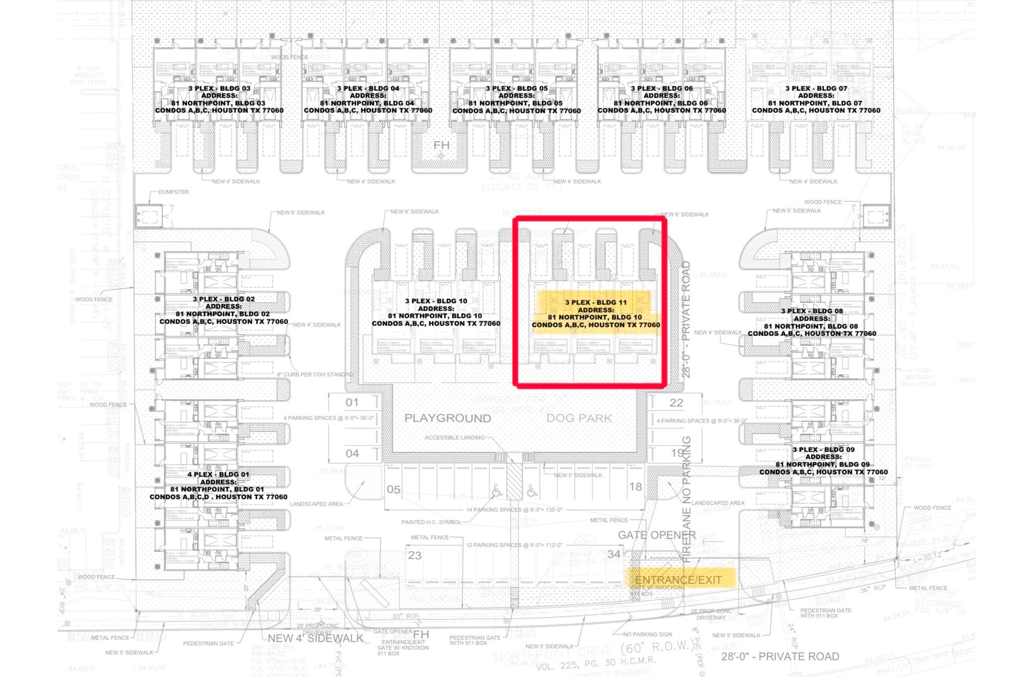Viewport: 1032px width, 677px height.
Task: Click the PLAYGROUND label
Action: click(x=447, y=418)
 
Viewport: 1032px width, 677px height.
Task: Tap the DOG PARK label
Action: click(x=579, y=418)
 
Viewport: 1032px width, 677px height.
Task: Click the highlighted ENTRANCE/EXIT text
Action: click(x=678, y=580)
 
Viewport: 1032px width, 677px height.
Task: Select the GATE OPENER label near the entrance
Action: click(x=657, y=535)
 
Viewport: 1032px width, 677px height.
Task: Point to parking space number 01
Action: click(x=352, y=402)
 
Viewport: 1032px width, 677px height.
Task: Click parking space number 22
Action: click(x=676, y=403)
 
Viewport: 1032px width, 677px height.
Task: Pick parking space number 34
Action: click(x=614, y=554)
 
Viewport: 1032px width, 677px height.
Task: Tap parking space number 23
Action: click(x=415, y=555)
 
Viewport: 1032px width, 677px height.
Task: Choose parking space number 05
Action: click(x=394, y=489)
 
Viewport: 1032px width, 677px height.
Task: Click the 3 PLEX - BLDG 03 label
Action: click(x=219, y=88)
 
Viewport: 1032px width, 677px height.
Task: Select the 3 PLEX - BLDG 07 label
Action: click(x=816, y=88)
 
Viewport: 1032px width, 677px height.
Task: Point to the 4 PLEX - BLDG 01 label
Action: click(x=218, y=474)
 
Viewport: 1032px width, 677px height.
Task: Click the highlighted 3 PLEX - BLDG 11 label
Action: click(x=596, y=302)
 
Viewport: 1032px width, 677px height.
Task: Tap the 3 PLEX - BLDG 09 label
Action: click(x=823, y=450)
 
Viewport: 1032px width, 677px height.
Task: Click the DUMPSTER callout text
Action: click(x=173, y=192)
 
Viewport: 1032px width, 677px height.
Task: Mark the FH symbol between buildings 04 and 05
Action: click(x=441, y=146)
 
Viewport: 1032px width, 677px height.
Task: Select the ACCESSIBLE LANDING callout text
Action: click(x=454, y=438)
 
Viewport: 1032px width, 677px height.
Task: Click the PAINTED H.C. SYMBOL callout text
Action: click(x=431, y=522)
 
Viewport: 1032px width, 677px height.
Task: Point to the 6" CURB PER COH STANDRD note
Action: click(x=315, y=375)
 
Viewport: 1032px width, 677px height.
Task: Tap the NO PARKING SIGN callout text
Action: click(x=648, y=634)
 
